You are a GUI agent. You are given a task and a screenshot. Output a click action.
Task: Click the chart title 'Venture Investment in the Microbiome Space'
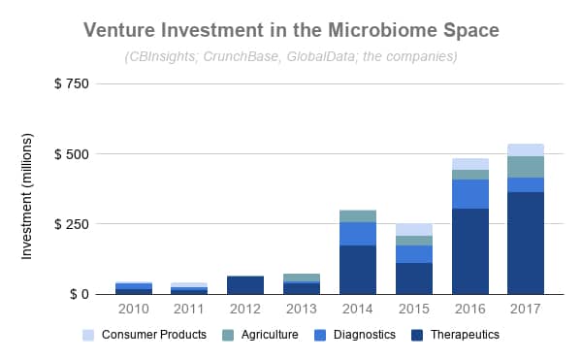(x=291, y=30)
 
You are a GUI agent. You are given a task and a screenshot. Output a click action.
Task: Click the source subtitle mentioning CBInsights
(x=291, y=56)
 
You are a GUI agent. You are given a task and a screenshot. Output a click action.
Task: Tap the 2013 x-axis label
(x=302, y=310)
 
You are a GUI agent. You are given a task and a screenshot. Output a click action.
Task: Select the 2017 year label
(x=525, y=310)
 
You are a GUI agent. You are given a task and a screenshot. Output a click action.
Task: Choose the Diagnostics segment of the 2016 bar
(x=469, y=194)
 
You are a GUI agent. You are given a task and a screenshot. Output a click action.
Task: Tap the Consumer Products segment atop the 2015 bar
(x=413, y=229)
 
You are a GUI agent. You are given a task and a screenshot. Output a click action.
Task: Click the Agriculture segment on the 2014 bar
(x=358, y=215)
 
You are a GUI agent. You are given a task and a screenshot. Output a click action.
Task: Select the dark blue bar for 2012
(x=246, y=284)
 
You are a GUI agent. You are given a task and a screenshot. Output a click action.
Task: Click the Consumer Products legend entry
(x=151, y=335)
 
